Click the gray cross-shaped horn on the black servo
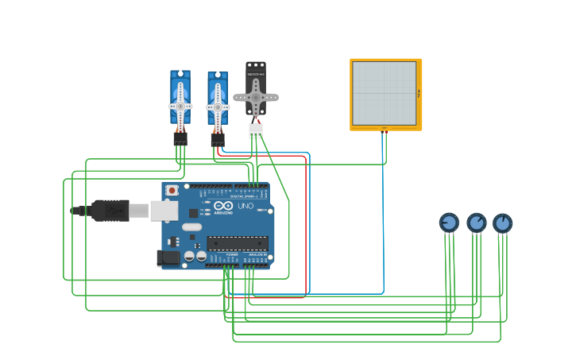click(256, 97)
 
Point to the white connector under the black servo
click(256, 130)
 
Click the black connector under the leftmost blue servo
click(180, 137)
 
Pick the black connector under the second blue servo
click(218, 139)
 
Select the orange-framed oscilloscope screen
click(385, 93)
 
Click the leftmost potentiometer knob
click(449, 223)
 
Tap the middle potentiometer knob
click(476, 223)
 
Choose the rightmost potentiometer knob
click(502, 223)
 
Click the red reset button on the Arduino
click(172, 191)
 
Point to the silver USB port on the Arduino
click(164, 210)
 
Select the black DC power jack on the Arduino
click(168, 257)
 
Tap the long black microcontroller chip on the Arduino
click(237, 243)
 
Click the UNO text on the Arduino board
click(245, 207)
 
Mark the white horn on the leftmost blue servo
click(180, 106)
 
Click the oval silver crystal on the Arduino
click(192, 227)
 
